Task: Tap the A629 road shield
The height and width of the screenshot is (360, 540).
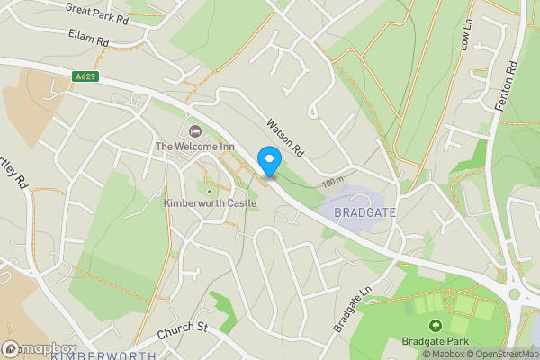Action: (x=85, y=77)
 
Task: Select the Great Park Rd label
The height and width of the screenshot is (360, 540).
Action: (x=97, y=13)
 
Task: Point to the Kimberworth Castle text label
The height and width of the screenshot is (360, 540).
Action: (x=210, y=203)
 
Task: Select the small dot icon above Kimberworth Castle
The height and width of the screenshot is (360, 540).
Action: (x=210, y=190)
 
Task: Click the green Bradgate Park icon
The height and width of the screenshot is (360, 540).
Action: (x=436, y=325)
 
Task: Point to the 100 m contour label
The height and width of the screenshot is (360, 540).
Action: (x=333, y=183)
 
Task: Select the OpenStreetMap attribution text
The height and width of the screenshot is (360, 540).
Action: (x=503, y=354)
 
